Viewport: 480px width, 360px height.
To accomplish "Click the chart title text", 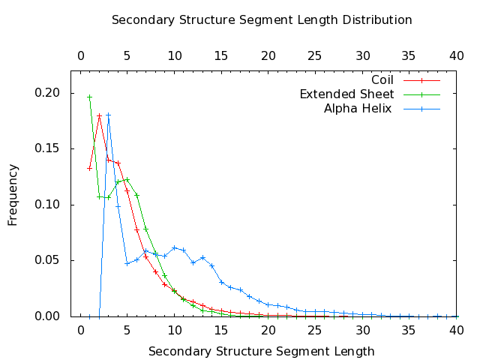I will point(262,19).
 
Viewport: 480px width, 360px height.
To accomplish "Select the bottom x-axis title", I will point(262,350).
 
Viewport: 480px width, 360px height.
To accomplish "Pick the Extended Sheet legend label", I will point(346,94).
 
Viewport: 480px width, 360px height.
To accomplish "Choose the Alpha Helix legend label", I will point(358,109).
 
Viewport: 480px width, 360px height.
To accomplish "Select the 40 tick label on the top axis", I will point(457,55).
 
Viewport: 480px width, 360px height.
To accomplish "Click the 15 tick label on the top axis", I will point(222,55).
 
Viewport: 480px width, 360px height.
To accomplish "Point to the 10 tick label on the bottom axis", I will point(175,330).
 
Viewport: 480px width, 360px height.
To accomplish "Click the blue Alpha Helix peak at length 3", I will point(108,115).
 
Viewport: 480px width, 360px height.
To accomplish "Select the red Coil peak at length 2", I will point(99,115).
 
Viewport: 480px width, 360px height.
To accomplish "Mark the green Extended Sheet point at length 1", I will point(89,97).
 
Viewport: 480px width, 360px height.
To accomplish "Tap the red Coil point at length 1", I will point(89,168).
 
